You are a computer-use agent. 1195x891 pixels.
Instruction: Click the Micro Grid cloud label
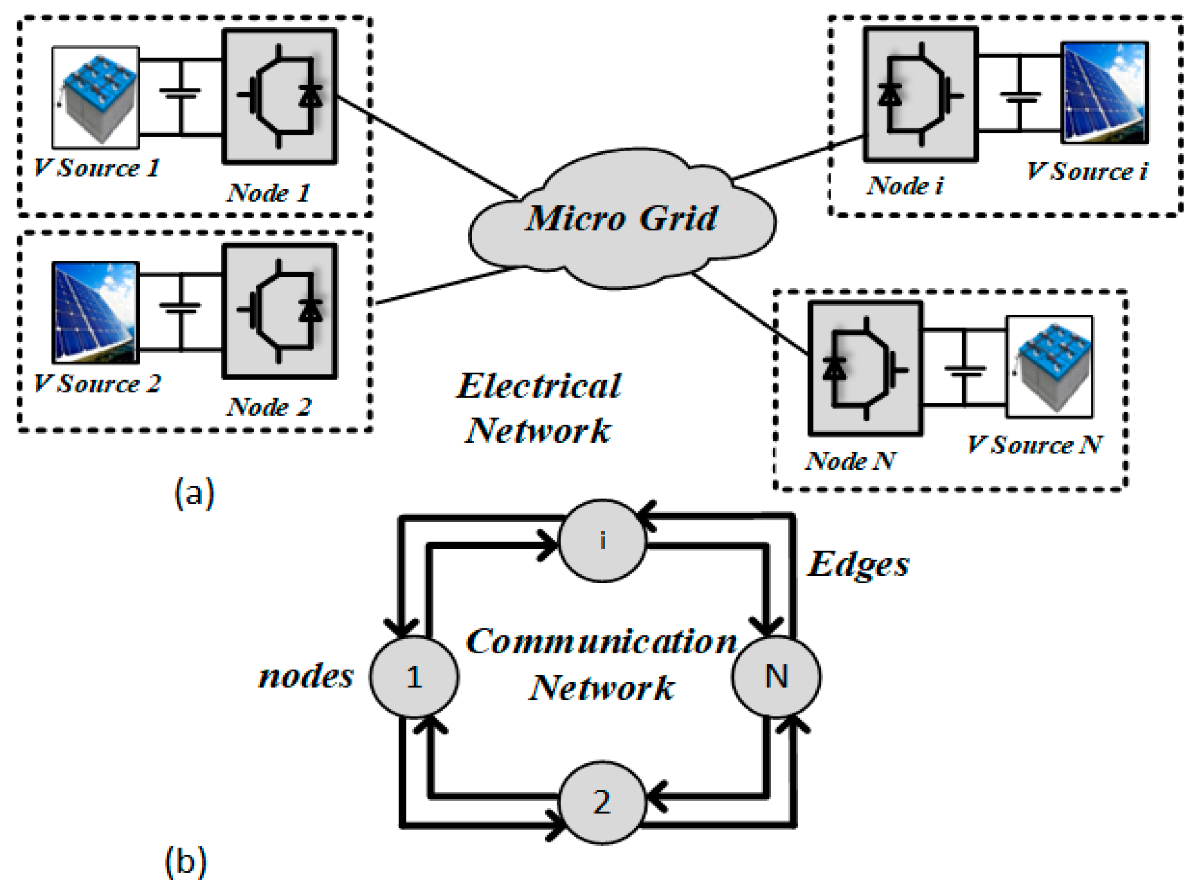pos(621,218)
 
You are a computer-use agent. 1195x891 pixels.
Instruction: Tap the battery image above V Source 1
pos(96,97)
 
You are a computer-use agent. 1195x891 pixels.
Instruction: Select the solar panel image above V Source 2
pos(96,313)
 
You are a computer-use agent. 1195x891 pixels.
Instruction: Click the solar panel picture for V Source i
pos(1105,93)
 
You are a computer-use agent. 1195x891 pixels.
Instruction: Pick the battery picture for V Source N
pos(1050,367)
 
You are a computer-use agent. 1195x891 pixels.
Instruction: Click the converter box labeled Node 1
pos(280,96)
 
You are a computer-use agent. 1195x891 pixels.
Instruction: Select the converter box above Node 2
pos(280,312)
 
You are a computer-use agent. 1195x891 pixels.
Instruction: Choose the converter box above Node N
pos(865,368)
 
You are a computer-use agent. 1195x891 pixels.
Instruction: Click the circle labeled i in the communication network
pos(602,540)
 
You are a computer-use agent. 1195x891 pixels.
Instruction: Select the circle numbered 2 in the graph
pos(602,802)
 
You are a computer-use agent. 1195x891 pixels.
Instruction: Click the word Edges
pos(858,565)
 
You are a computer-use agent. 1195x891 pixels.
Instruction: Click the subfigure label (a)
pos(194,493)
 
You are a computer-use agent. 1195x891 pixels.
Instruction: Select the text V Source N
pos(1034,445)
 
